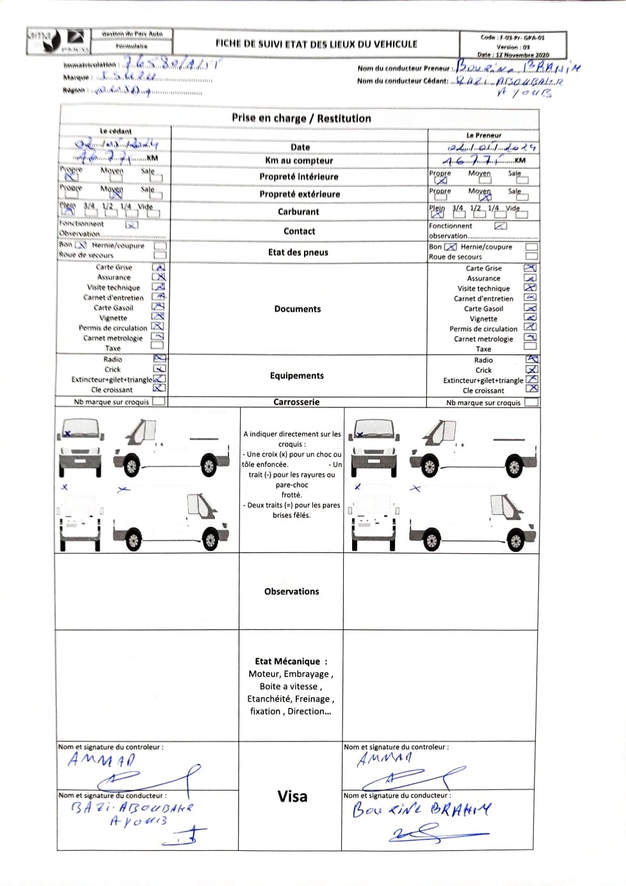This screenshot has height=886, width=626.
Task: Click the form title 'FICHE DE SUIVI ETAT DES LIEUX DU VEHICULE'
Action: pyautogui.click(x=316, y=44)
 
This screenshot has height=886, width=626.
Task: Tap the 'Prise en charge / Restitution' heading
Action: pyautogui.click(x=301, y=118)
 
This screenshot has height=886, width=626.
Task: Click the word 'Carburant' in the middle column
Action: pyautogui.click(x=298, y=212)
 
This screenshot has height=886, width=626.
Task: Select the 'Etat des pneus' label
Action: pyautogui.click(x=298, y=252)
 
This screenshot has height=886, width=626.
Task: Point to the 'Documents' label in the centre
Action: pyautogui.click(x=298, y=309)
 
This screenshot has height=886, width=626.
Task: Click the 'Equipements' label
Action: pyautogui.click(x=297, y=376)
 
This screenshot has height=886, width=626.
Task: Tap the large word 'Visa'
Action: pyautogui.click(x=293, y=796)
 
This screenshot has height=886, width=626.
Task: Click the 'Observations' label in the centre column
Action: pyautogui.click(x=292, y=592)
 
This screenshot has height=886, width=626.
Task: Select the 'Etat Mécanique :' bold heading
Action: pyautogui.click(x=291, y=661)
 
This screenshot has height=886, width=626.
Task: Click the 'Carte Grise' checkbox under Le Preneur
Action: pyautogui.click(x=531, y=268)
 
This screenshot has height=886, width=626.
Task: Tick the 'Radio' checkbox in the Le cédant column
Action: pyautogui.click(x=159, y=359)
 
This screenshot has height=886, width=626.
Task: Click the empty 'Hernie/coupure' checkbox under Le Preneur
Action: pyautogui.click(x=531, y=247)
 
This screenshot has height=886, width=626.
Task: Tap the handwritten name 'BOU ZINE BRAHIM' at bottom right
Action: pyautogui.click(x=422, y=809)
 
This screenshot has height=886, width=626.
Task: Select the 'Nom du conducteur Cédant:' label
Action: pyautogui.click(x=403, y=81)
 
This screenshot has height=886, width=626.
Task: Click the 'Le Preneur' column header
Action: pyautogui.click(x=484, y=136)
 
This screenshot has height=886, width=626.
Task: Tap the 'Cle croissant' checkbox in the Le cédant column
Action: pyautogui.click(x=159, y=388)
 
